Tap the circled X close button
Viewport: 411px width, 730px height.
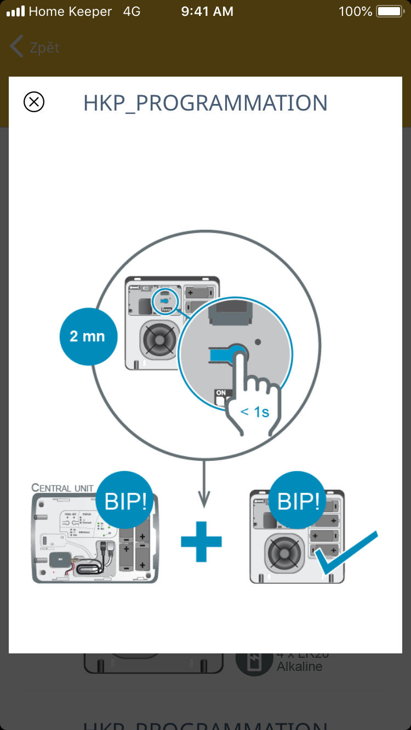click(x=34, y=102)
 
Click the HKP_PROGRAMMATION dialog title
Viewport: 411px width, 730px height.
click(x=206, y=103)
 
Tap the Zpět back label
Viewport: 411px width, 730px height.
click(x=44, y=48)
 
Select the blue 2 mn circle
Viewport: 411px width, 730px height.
click(x=88, y=336)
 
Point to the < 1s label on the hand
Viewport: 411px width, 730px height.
click(x=255, y=411)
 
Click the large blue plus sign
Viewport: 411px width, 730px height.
click(x=202, y=541)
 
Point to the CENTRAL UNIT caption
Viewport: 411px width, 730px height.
click(x=62, y=488)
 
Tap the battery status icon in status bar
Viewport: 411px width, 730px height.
click(x=389, y=11)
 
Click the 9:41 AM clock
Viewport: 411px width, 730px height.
click(x=207, y=11)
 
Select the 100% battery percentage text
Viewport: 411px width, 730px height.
click(x=355, y=11)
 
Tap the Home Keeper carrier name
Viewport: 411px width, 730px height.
click(x=70, y=11)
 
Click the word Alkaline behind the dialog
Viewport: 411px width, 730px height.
click(x=299, y=667)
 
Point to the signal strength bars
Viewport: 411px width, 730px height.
click(x=15, y=11)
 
